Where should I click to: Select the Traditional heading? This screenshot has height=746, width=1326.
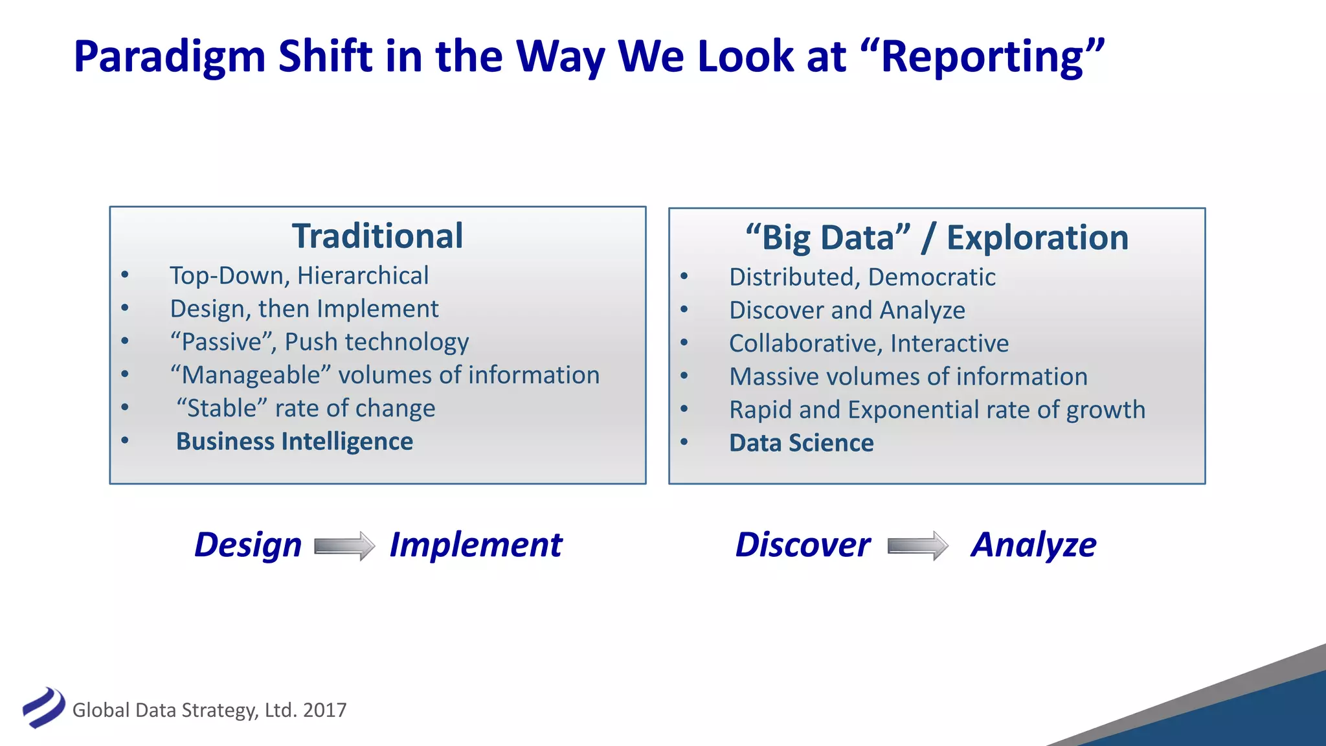coord(377,236)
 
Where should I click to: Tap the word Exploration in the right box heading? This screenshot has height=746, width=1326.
coord(1037,238)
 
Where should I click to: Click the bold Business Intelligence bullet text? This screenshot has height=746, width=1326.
coord(295,442)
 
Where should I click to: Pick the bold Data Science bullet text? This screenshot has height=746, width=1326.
coord(802,443)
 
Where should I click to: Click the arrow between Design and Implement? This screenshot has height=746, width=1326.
coord(344,546)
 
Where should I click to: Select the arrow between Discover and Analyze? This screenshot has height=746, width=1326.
coord(918,546)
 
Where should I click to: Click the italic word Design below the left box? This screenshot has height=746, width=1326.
coord(248,545)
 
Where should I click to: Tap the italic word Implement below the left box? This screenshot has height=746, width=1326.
coord(476,545)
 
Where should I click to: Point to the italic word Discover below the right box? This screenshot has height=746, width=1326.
coord(803,545)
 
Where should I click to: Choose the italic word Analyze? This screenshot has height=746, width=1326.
coord(1033,545)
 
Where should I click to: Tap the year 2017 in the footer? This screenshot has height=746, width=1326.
coord(324,710)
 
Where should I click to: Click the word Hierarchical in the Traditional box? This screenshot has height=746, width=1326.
coord(363,276)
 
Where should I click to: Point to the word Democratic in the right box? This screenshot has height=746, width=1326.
coord(932,277)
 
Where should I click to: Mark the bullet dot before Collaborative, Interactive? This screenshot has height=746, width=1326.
coord(684,343)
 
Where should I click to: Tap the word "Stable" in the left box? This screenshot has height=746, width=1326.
coord(221,409)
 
